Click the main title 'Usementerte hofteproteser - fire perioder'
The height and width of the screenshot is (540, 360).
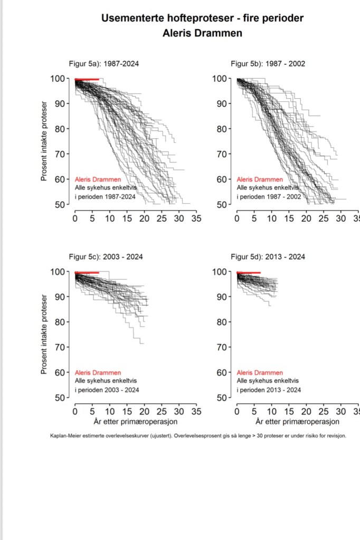[x=202, y=18]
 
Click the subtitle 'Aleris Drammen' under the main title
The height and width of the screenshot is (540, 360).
[x=202, y=33]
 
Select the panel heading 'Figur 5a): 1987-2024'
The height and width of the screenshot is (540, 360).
[x=104, y=64]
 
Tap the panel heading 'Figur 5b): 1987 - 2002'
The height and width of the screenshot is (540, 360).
[x=268, y=64]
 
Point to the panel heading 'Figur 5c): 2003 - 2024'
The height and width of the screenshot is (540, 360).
[x=106, y=257]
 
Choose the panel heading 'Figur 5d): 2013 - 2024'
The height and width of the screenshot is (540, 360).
[x=268, y=257]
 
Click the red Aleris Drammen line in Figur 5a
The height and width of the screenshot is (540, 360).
[x=87, y=79]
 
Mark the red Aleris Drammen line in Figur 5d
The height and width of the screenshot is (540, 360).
[x=249, y=273]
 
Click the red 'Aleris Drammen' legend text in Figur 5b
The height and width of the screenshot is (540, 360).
[x=259, y=179]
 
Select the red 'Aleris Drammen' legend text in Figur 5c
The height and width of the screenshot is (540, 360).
[x=98, y=373]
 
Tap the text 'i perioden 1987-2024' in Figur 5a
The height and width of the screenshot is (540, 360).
[x=106, y=196]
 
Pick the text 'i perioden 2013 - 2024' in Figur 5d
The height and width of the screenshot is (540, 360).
[x=269, y=390]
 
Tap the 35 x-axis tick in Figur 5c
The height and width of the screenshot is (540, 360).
[x=196, y=411]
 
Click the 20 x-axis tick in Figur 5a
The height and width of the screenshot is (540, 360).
[x=144, y=218]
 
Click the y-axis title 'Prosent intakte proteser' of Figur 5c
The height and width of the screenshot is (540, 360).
[x=45, y=334]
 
